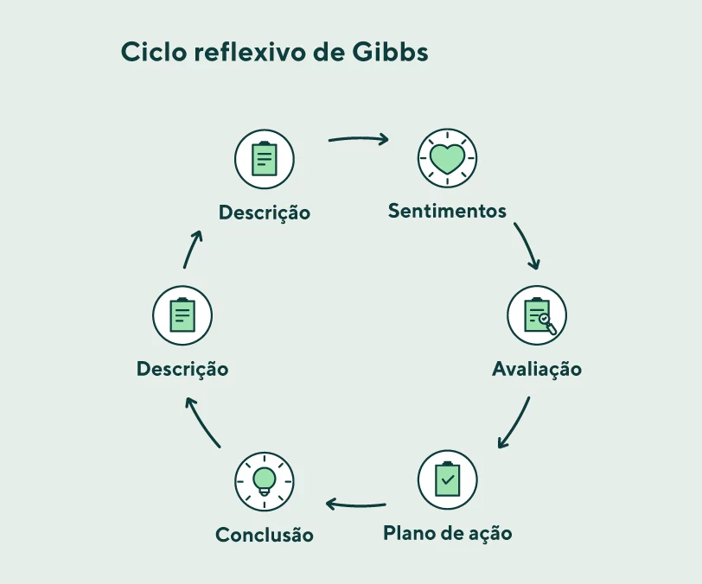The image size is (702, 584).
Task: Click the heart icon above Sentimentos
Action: tap(448, 158)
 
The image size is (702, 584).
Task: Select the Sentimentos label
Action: tap(447, 211)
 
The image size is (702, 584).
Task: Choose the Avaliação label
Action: tap(537, 369)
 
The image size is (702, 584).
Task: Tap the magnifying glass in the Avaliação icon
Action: tap(545, 321)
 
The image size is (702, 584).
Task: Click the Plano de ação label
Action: tap(447, 533)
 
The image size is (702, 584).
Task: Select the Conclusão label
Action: tap(265, 535)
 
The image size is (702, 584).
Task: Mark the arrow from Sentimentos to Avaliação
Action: tap(527, 246)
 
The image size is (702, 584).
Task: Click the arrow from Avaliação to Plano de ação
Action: tap(515, 423)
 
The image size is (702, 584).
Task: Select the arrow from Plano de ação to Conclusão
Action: tap(355, 504)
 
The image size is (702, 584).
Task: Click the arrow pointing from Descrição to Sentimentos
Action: tap(358, 138)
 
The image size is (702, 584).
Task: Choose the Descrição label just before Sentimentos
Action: tap(265, 212)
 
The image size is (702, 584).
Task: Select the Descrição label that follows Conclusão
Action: tap(182, 369)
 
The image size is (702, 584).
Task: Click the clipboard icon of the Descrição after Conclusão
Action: tap(182, 315)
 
